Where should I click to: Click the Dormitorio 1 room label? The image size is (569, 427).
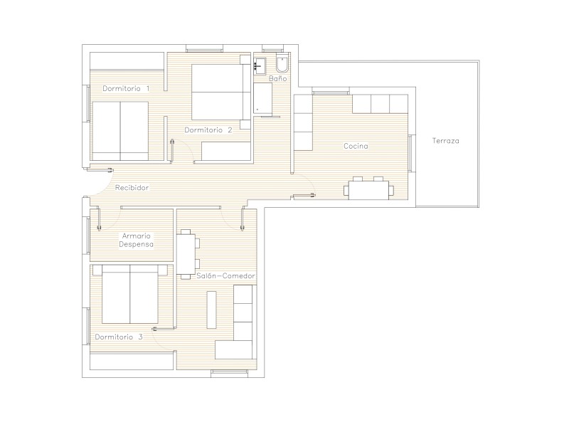pos(126,88)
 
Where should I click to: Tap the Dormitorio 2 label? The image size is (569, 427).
pos(208,130)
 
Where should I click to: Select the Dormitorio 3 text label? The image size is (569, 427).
pos(119,337)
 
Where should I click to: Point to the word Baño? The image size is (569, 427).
pos(278,78)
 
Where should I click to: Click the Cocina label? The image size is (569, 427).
pos(356,146)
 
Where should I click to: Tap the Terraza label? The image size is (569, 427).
pos(446,140)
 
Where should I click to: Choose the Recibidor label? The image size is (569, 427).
pos(132,188)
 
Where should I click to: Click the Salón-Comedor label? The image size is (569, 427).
pos(225,276)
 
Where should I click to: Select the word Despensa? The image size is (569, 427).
pos(136,244)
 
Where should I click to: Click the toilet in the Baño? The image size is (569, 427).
pos(282,63)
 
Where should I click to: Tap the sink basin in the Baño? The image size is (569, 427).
pos(260,65)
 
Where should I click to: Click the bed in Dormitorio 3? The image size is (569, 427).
pos(130,294)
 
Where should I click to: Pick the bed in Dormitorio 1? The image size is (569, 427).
pos(120,131)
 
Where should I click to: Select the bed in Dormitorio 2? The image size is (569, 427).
pos(220,92)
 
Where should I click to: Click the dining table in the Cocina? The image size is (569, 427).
pos(368,189)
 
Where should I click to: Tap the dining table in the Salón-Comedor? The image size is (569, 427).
pos(187,254)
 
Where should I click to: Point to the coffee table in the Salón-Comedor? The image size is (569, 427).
pos(211,310)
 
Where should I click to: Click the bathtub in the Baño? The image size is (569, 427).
pos(262,98)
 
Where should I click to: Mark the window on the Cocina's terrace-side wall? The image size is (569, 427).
pos(411,153)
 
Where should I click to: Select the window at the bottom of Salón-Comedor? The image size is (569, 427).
pos(229,371)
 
